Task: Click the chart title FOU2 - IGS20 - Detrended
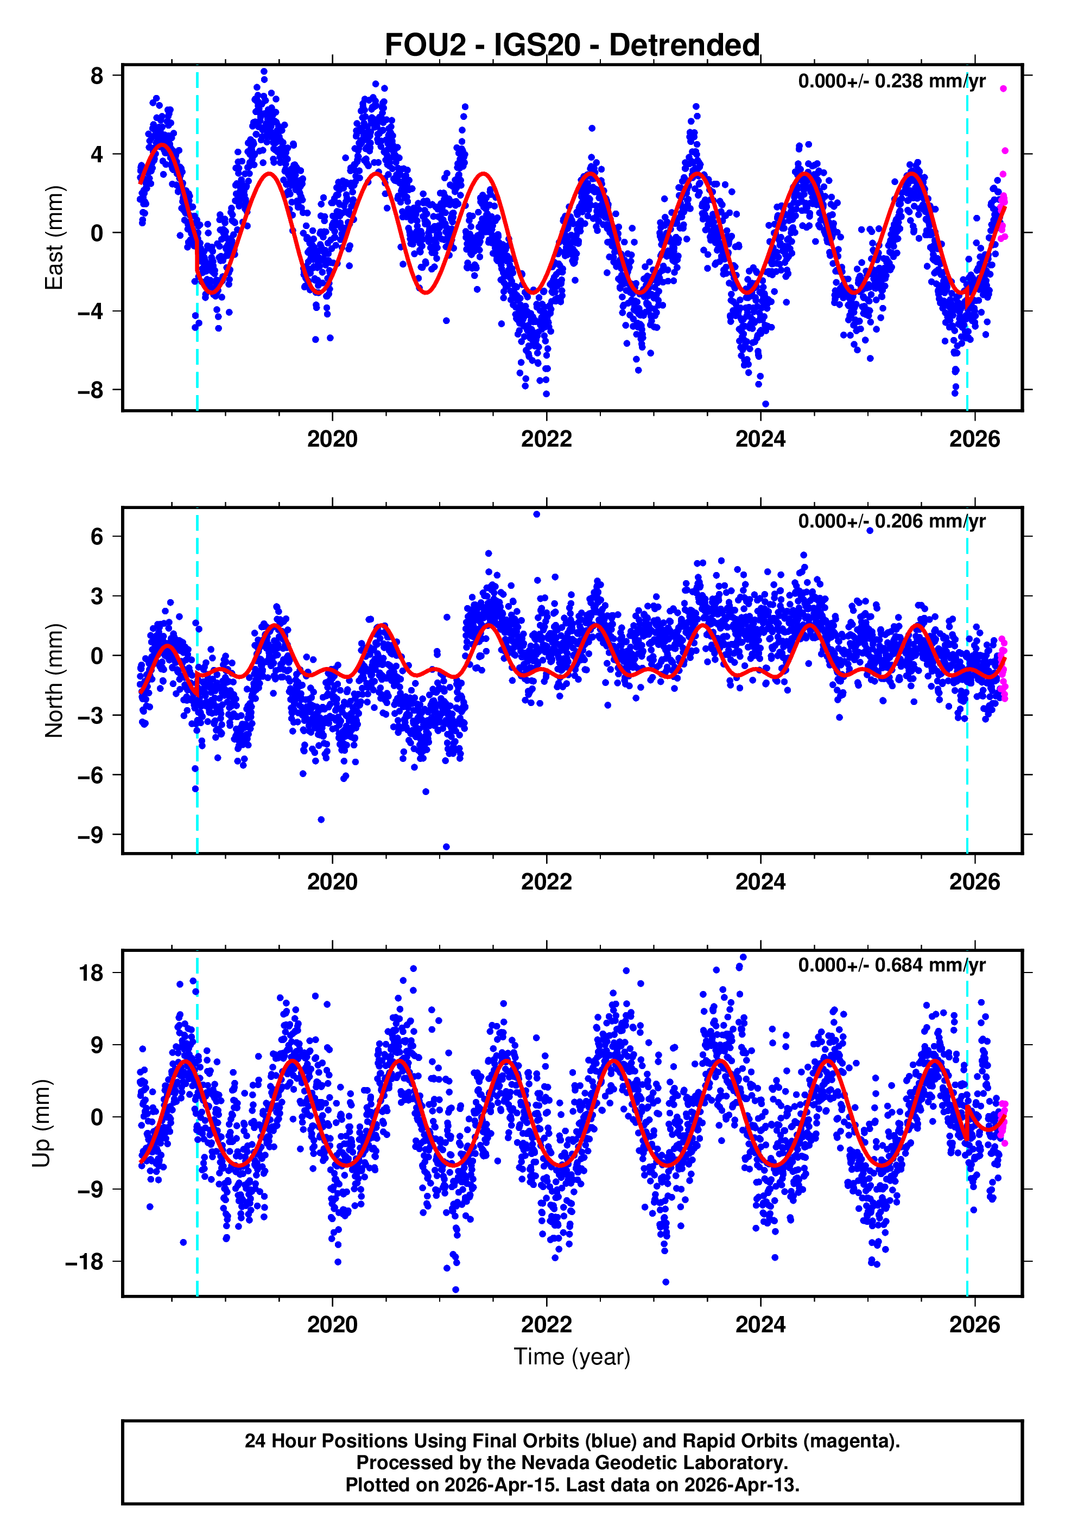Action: pyautogui.click(x=572, y=46)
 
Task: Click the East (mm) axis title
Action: pyautogui.click(x=53, y=238)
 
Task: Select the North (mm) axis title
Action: pyautogui.click(x=53, y=681)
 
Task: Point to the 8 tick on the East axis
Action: pyautogui.click(x=97, y=76)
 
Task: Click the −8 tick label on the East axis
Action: pyautogui.click(x=91, y=390)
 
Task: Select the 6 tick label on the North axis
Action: pyautogui.click(x=97, y=536)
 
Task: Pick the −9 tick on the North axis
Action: pyautogui.click(x=91, y=834)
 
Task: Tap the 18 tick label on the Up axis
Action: pyautogui.click(x=91, y=973)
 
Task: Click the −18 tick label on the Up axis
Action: pyautogui.click(x=85, y=1262)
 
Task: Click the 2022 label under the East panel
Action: pyautogui.click(x=546, y=439)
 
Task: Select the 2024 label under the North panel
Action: pyautogui.click(x=760, y=882)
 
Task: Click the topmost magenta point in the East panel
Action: pyautogui.click(x=1003, y=88)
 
